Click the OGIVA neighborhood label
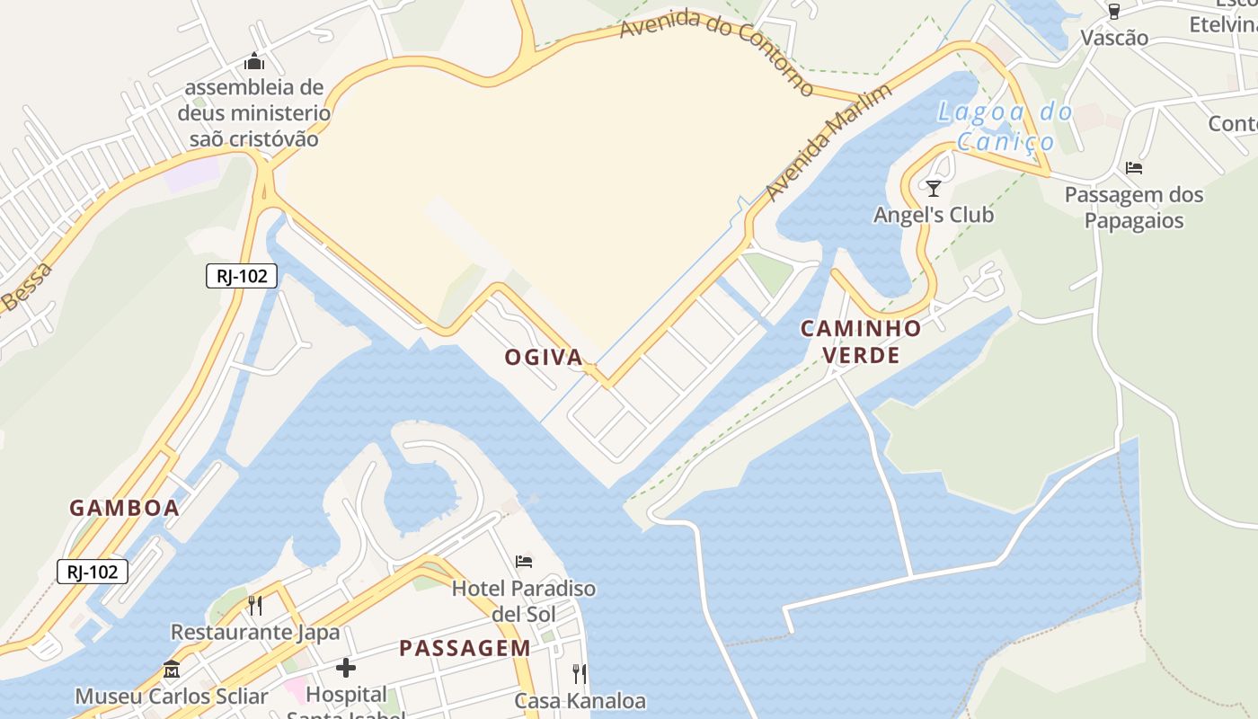point(543,358)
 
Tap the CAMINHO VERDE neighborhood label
point(861,342)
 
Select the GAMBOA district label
point(124,508)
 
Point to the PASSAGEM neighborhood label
point(465,648)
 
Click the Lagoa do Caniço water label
point(1005,127)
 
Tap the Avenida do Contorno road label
point(716,51)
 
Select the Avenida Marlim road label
point(828,142)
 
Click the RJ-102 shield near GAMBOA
point(93,571)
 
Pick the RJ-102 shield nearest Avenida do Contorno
point(241,276)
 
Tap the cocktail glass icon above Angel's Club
point(934,189)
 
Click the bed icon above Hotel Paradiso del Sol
point(524,562)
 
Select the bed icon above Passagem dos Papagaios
point(1134,168)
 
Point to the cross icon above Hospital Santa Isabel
point(346,668)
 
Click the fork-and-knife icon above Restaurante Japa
point(255,606)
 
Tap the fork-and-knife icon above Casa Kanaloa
point(580,673)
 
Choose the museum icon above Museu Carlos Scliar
point(172,670)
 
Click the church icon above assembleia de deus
point(254,62)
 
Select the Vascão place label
point(1114,38)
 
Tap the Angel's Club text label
point(935,215)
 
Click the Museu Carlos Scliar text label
point(172,697)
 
